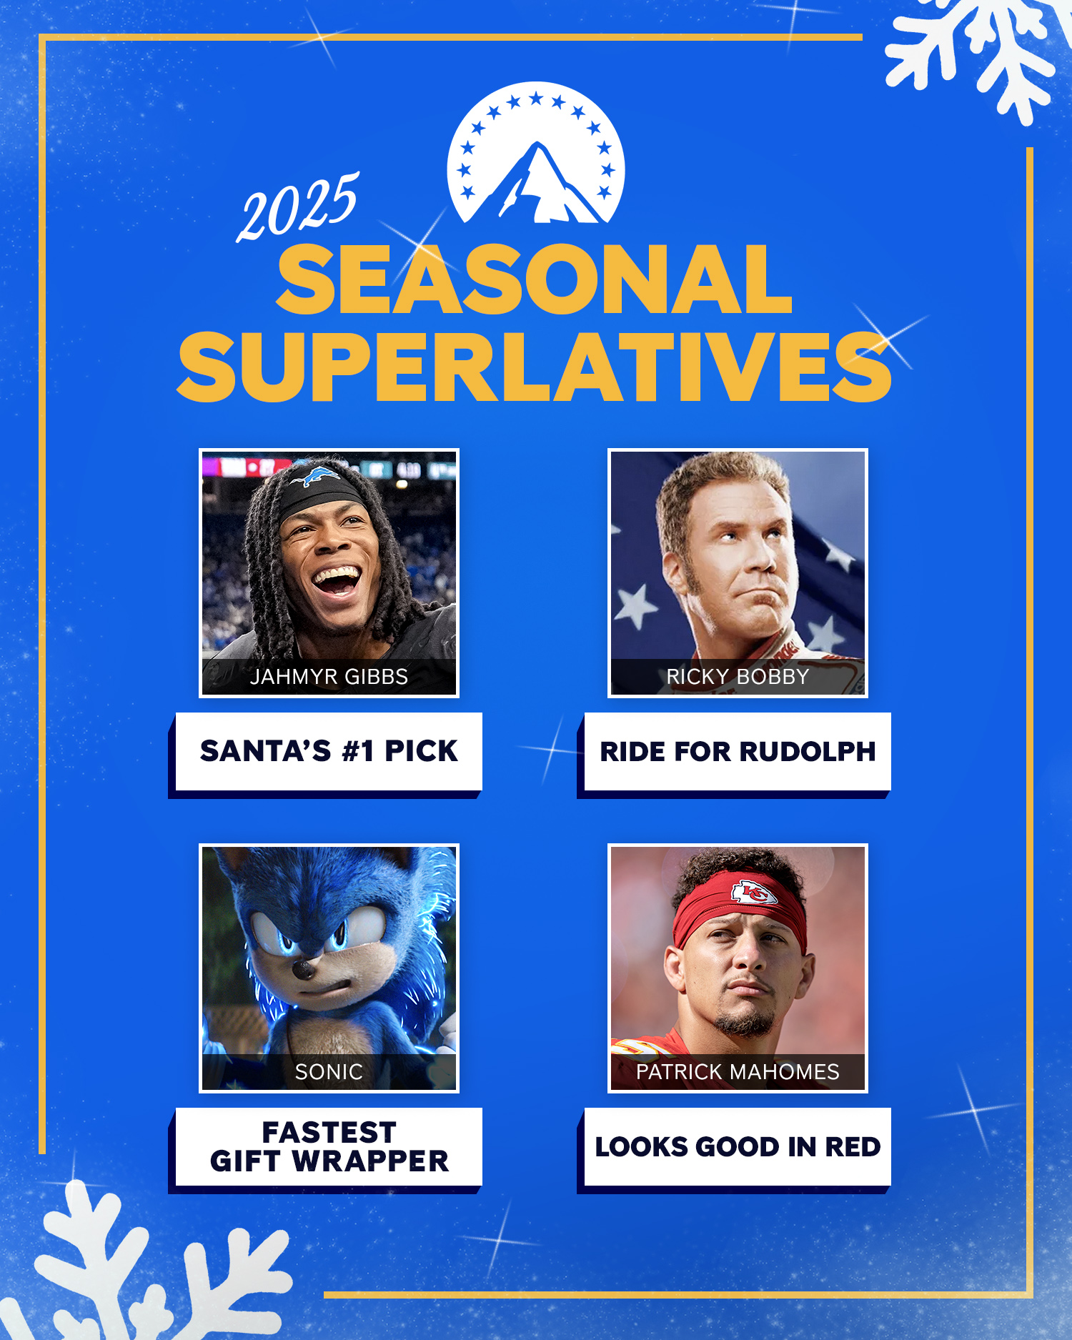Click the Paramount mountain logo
click(x=536, y=153)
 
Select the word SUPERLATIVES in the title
click(x=535, y=367)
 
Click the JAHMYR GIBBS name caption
click(x=329, y=676)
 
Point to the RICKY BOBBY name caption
click(x=738, y=676)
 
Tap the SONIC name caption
click(x=329, y=1071)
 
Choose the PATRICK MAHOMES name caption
click(x=738, y=1071)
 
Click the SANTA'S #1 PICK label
click(x=329, y=751)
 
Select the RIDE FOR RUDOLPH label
click(x=738, y=751)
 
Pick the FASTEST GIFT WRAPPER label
click(x=329, y=1146)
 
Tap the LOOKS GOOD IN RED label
click(x=738, y=1146)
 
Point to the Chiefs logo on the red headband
click(x=753, y=892)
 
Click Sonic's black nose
click(x=304, y=970)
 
